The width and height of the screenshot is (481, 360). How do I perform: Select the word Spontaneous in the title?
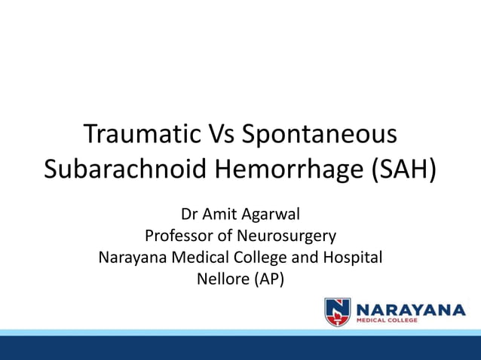(320, 136)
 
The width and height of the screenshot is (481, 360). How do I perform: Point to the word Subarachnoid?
(125, 168)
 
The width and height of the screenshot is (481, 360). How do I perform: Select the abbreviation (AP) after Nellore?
(269, 280)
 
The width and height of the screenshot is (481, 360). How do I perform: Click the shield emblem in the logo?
(337, 311)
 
